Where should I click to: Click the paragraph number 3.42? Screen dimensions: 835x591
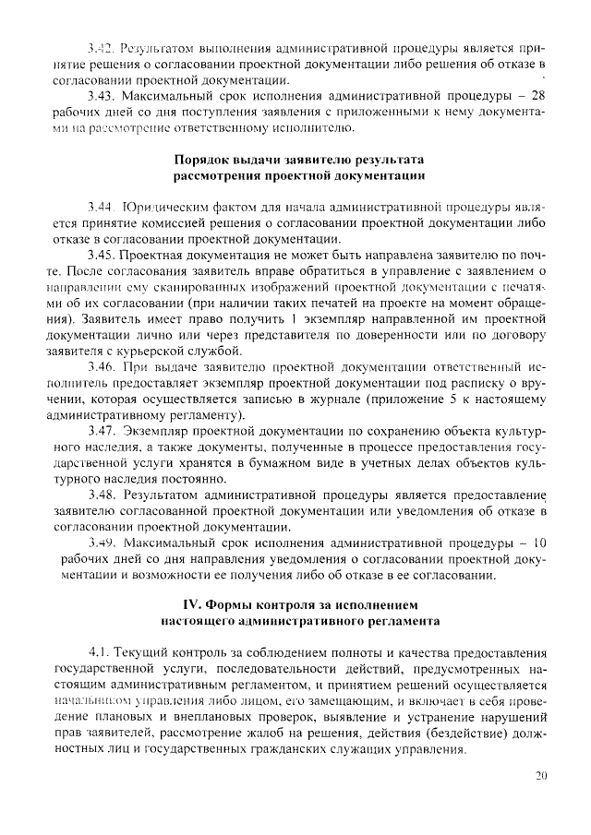99,46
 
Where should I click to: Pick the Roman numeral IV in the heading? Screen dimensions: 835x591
196,605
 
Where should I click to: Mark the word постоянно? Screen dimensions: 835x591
205,479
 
